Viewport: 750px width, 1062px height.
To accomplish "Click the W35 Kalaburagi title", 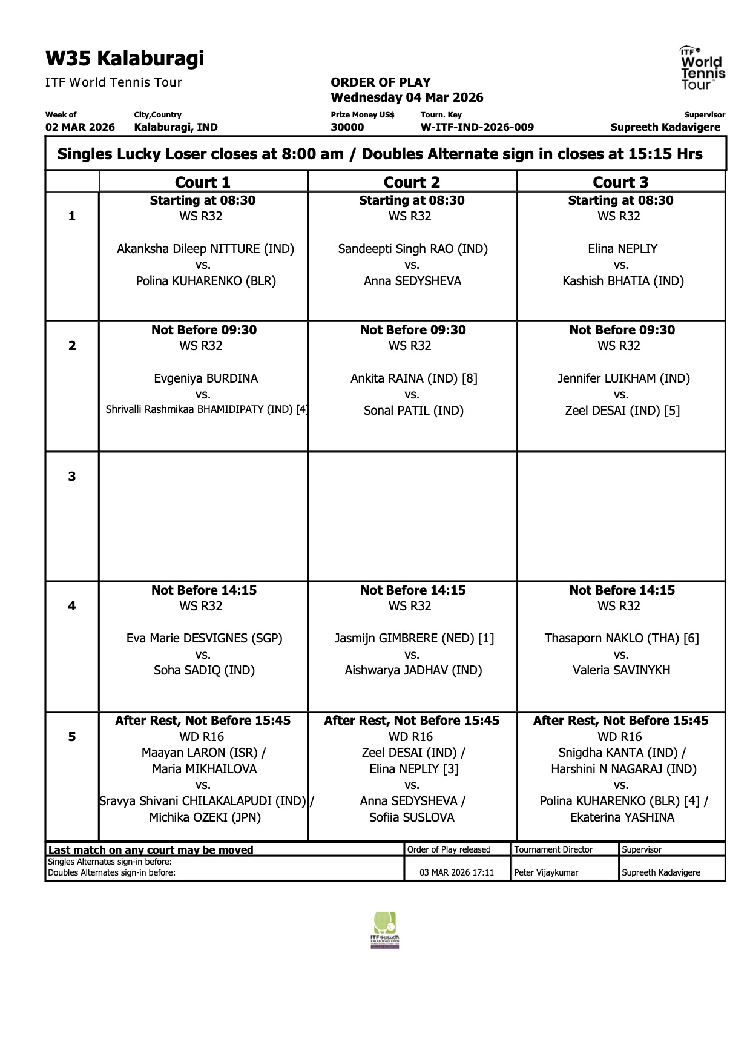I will coord(125,59).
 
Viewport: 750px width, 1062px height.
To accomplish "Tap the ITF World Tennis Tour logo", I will coord(702,68).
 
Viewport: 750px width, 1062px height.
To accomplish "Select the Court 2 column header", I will coord(412,182).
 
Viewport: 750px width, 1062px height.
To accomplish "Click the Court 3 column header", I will coord(620,182).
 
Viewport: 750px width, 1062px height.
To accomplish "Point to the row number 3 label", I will coord(72,477).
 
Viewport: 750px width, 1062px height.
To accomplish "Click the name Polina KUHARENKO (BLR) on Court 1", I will coord(206,281).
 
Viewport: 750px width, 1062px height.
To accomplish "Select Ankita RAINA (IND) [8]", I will coord(414,378).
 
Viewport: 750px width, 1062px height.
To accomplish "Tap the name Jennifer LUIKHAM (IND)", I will coord(623,378).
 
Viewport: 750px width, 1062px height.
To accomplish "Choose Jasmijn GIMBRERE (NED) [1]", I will coord(414,638).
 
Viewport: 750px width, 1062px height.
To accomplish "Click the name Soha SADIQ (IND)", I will coord(204,670).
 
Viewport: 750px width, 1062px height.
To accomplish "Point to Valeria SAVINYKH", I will coord(621,670).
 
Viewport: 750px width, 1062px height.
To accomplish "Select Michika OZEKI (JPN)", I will coord(205,817).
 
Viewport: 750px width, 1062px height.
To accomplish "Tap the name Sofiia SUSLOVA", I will coord(412,817).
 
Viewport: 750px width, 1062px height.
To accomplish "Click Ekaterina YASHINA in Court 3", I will coord(622,817).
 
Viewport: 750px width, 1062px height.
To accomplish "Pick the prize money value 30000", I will coord(347,127).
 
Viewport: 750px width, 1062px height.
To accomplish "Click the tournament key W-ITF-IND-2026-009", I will coord(477,127).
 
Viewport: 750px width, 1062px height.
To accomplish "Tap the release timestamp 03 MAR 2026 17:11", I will coord(456,872).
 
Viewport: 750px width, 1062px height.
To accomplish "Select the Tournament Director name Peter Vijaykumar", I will coord(546,872).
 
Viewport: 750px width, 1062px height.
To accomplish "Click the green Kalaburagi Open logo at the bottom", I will coord(385,930).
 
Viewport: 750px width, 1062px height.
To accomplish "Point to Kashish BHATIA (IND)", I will coord(623,281).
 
